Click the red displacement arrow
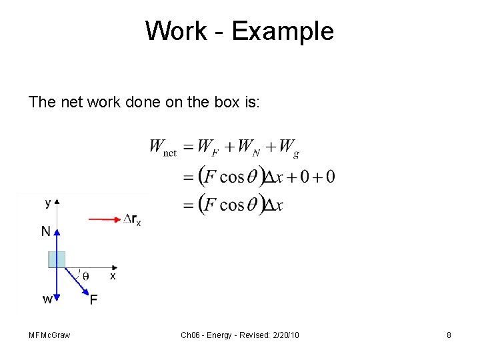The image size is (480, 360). pos(103,218)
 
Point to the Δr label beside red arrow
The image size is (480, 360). pos(132,219)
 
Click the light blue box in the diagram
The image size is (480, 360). pos(56,259)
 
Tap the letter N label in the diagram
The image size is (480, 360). pos(45,231)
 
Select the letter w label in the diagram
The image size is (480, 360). pos(47,299)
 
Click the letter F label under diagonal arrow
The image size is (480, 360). pos(93,300)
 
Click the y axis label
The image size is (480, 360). pos(47,201)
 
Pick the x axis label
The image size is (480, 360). pos(113,276)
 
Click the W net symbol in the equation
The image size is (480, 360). pos(163,147)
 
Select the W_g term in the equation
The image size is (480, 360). pos(289,147)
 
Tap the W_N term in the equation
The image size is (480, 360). pos(248,147)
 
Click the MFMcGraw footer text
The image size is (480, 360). pos(49,335)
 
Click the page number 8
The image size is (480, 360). pos(449,335)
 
